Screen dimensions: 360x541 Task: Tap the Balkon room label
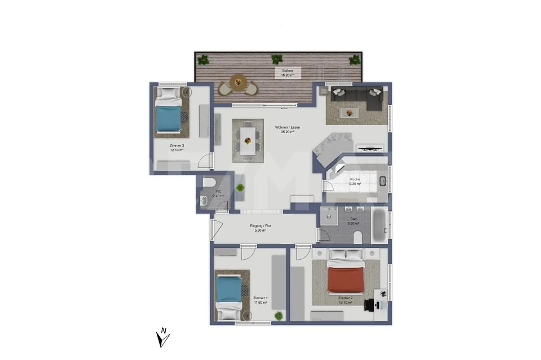tap(287, 71)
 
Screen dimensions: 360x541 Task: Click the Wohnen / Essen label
tap(287, 127)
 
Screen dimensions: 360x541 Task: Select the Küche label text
tap(355, 179)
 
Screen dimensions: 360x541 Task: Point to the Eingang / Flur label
tap(260, 226)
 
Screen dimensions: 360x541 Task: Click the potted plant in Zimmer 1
tap(278, 316)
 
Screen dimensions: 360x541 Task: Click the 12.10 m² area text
tap(177, 150)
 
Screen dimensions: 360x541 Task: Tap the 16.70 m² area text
tap(345, 302)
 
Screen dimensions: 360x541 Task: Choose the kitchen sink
tap(383, 181)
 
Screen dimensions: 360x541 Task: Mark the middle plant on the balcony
tap(277, 59)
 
